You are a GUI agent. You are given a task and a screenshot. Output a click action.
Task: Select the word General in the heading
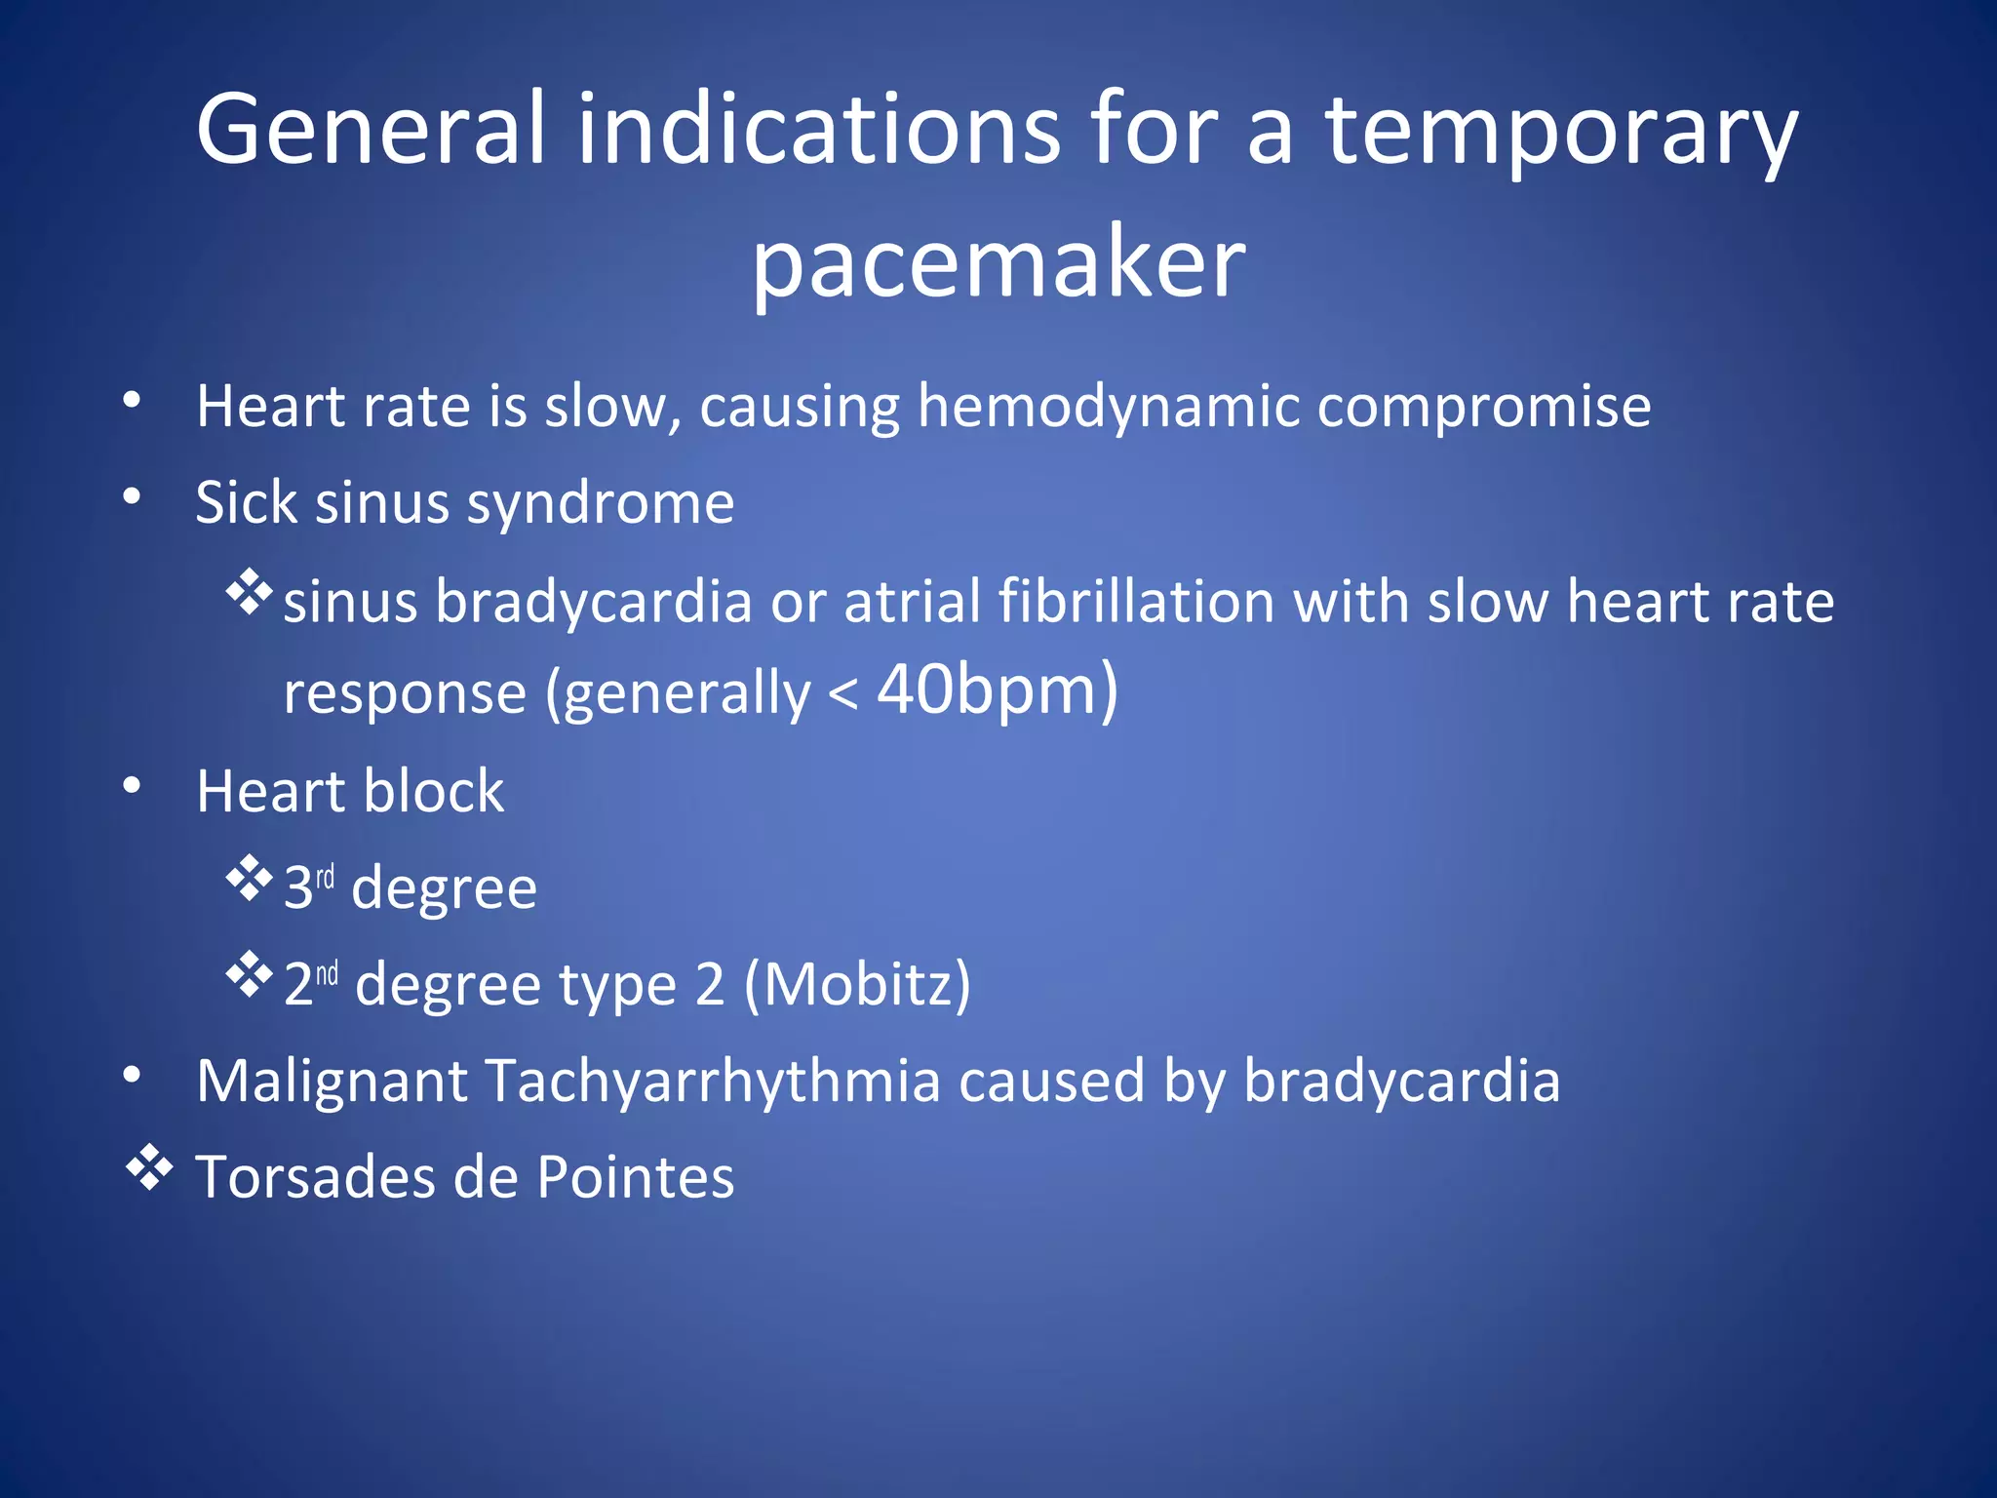click(x=371, y=128)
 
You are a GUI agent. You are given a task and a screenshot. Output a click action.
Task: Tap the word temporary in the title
click(x=1560, y=132)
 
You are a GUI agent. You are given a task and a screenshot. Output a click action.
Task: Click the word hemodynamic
click(x=1108, y=407)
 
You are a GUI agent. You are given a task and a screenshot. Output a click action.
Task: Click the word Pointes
click(x=635, y=1177)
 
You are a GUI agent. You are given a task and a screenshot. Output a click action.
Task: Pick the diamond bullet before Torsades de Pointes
click(x=150, y=1167)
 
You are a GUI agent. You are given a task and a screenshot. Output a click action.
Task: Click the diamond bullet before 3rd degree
click(x=250, y=877)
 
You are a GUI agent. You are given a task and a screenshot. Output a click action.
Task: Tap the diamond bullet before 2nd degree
click(x=250, y=973)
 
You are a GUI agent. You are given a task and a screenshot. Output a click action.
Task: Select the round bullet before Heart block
click(x=133, y=786)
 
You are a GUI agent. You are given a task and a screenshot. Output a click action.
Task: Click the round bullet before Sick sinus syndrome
click(x=133, y=497)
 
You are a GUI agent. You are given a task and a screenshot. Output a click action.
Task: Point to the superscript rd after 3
click(x=325, y=876)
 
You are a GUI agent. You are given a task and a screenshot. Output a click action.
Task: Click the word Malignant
click(x=332, y=1082)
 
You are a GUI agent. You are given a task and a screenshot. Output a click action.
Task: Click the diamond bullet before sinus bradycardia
click(x=250, y=590)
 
